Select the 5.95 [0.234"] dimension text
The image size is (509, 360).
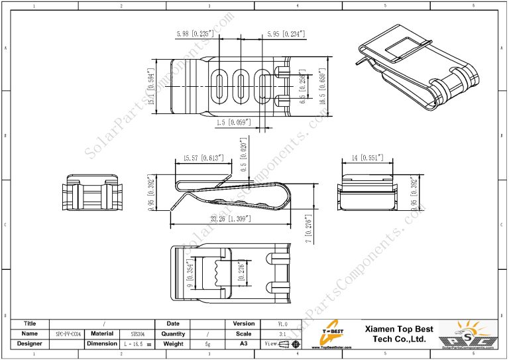286,33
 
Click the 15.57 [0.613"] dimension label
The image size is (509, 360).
198,158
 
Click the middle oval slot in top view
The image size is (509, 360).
241,86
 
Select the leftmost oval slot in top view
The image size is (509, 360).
218,86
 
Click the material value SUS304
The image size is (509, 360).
137,334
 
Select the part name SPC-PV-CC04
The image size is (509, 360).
68,334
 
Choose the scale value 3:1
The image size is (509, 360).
283,334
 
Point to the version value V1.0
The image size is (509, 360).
283,324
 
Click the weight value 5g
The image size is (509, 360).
208,344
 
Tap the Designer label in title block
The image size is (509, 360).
29,344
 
